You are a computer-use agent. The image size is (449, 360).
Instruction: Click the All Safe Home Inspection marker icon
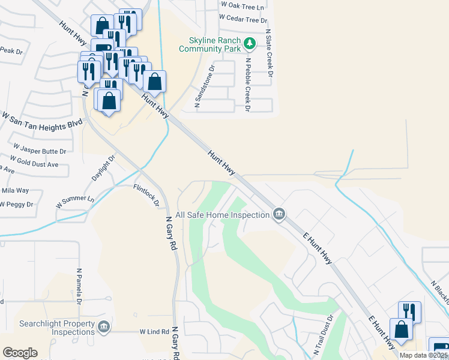tap(279, 214)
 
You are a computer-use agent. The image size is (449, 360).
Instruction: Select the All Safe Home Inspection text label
tap(221, 214)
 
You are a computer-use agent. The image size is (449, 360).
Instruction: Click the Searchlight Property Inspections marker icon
tap(104, 326)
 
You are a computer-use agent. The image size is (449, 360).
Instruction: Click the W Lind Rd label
tap(154, 331)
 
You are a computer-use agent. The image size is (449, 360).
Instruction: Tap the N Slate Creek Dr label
tap(268, 53)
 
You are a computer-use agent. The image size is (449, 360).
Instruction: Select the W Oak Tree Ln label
tap(242, 5)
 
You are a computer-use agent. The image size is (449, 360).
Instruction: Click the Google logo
tap(20, 353)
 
